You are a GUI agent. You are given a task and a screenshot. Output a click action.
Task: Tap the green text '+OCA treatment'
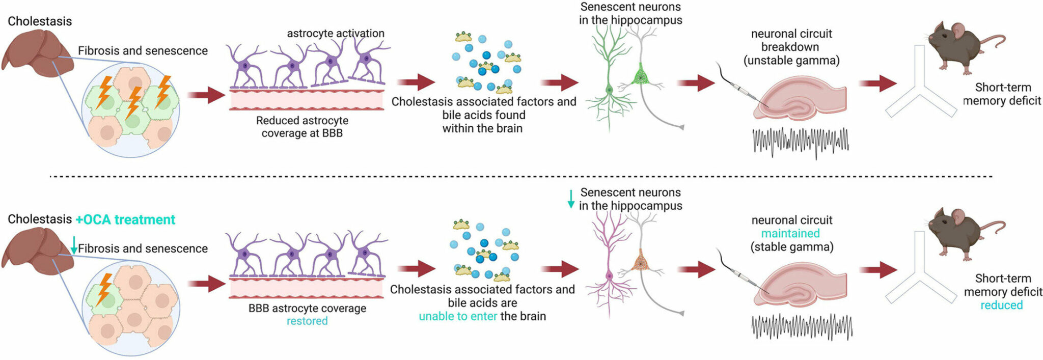coord(125,219)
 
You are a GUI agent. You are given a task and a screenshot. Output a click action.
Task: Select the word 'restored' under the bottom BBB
coord(307,321)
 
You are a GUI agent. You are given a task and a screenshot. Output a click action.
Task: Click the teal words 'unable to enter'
coord(458,316)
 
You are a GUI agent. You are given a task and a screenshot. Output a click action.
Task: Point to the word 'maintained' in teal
coord(790,233)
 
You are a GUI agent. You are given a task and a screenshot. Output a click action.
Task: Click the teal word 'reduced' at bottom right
coord(1001,305)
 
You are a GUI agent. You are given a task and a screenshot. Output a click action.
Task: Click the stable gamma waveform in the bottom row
coord(801,326)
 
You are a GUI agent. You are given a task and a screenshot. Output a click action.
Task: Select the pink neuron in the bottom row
coord(609,265)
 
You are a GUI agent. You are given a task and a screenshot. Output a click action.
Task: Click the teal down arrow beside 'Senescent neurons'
coord(571,199)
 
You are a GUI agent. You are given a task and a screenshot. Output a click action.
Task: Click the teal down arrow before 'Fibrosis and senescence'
coord(74,245)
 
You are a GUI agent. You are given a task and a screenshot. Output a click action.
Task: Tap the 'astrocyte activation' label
coord(336,34)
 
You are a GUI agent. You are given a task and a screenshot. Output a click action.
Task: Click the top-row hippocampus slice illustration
coord(800,102)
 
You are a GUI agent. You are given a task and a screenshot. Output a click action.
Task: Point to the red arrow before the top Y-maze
coord(877,83)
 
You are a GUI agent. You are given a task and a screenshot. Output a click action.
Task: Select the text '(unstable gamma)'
coord(791,61)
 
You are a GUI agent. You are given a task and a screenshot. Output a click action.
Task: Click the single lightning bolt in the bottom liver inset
coord(104,289)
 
